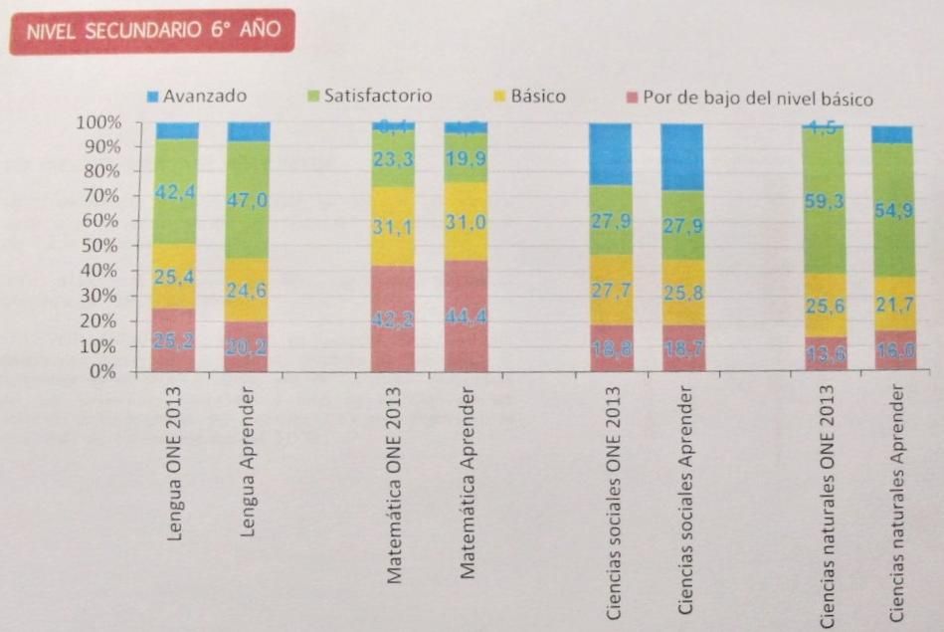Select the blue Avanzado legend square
tap(152, 97)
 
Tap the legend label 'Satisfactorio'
tap(378, 97)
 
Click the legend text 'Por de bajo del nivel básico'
tap(757, 99)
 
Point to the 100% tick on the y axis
tap(97, 122)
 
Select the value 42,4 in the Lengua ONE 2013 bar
tap(176, 192)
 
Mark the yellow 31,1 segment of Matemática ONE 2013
tap(392, 227)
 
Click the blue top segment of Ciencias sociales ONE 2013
tap(611, 153)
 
